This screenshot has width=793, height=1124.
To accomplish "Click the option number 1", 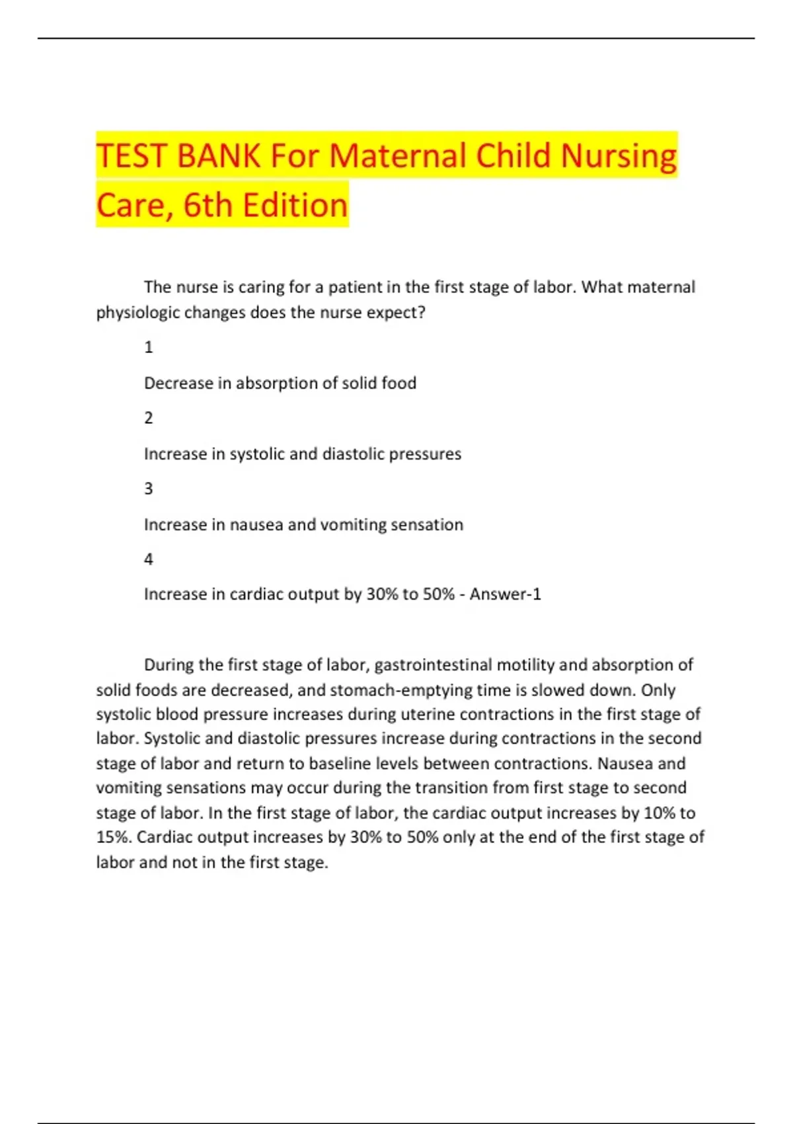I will [149, 347].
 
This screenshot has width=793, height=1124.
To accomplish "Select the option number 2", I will [149, 418].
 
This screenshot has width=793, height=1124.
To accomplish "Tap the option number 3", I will [149, 489].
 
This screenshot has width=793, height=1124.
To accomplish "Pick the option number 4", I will [149, 559].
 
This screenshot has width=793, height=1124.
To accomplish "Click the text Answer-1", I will [506, 594].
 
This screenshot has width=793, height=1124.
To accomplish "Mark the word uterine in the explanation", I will [428, 715].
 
